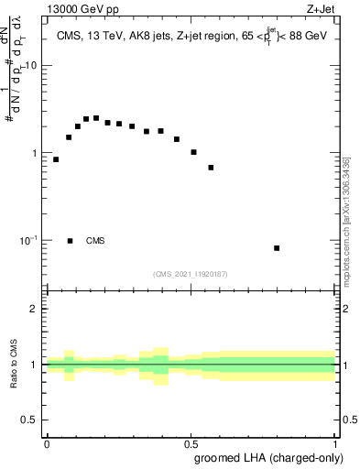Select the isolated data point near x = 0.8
tap(277, 248)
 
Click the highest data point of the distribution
tap(96, 118)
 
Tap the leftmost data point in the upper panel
tap(56, 159)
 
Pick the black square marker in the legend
tap(70, 241)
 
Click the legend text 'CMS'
tap(95, 241)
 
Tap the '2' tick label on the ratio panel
tap(36, 309)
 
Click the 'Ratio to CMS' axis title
tap(14, 364)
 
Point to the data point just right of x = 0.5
tap(193, 152)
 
